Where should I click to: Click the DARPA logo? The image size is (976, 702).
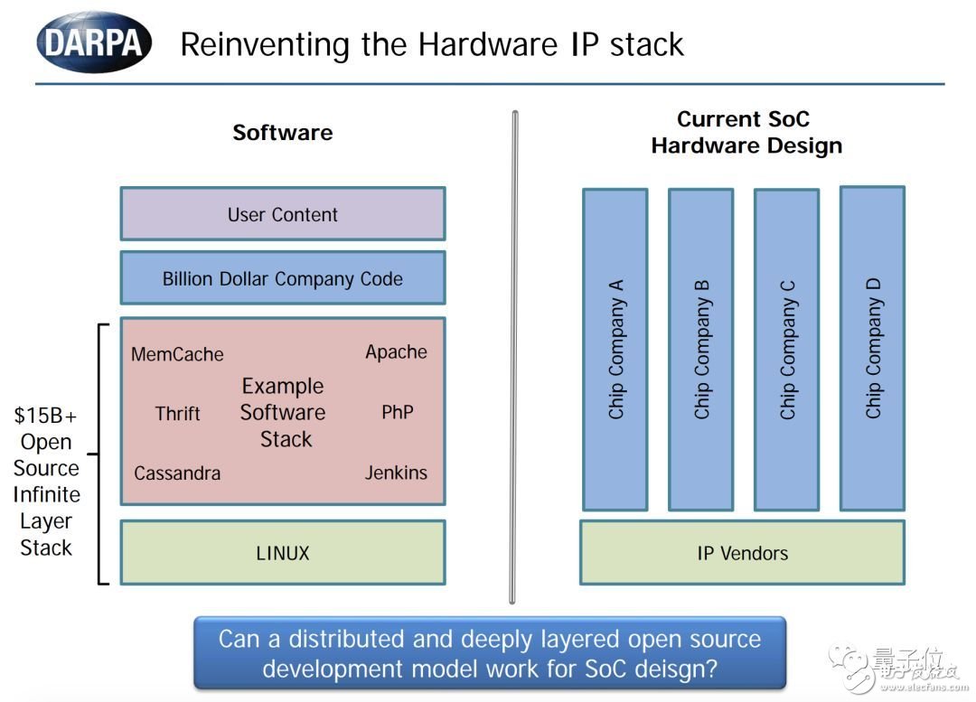tap(93, 42)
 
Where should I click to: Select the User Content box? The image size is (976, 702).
tap(282, 214)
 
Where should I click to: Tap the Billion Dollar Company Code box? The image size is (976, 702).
tap(282, 278)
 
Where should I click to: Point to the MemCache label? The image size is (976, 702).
tap(177, 354)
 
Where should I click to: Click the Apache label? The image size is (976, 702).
tap(396, 352)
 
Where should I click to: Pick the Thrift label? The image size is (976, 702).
tap(177, 414)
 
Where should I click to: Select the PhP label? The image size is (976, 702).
tap(397, 413)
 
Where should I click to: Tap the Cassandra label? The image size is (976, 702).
tap(177, 473)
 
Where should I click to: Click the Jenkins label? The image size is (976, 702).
tap(396, 473)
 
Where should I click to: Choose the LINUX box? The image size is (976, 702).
tap(282, 553)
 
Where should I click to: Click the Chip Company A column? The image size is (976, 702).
tap(615, 349)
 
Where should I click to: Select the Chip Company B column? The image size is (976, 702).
tap(701, 349)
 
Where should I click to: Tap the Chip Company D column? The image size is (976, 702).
tap(873, 348)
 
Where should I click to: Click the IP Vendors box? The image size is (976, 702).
tap(742, 553)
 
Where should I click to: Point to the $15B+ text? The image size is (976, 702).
tap(45, 417)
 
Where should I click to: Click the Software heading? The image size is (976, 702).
tap(282, 133)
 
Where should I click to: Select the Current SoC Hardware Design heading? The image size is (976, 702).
tap(746, 132)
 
